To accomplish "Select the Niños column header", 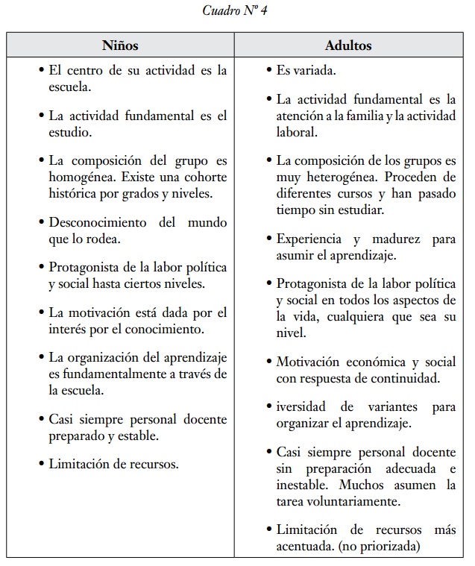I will pos(120,45).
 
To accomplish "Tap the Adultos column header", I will pos(347,45).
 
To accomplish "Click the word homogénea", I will pos(78,177).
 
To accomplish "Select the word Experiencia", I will pos(309,239).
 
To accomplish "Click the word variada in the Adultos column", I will pos(314,71).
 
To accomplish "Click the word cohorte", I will pos(201,177).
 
